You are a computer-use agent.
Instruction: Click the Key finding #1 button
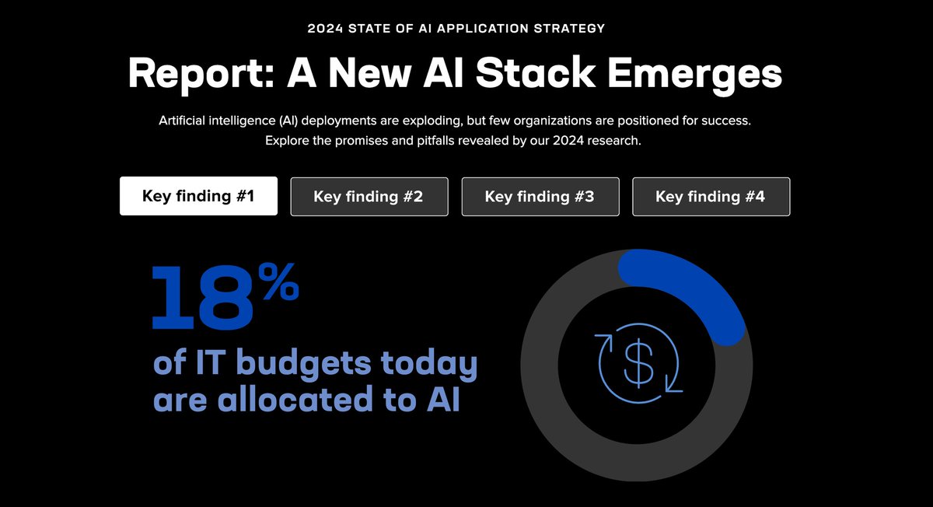[198, 197]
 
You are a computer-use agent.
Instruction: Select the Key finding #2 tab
[369, 197]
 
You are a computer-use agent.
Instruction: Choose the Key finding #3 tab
[540, 197]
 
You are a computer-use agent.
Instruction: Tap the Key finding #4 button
[711, 197]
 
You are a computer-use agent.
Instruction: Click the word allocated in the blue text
[323, 400]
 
